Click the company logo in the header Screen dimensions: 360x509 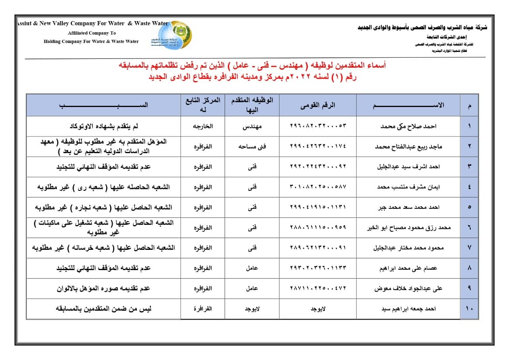point(172,35)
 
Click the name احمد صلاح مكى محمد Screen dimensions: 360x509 point(408,126)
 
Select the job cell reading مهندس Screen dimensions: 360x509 point(252,126)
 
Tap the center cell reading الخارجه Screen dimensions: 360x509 point(202,126)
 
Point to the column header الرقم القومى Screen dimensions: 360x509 point(318,105)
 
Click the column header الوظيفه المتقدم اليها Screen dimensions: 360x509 point(252,105)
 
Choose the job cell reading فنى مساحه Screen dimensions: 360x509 point(252,146)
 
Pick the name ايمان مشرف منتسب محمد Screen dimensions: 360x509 point(408,187)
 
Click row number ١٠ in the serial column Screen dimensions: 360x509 point(469,309)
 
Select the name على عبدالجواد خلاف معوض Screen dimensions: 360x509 point(408,288)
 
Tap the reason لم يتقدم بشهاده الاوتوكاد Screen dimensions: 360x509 point(103,126)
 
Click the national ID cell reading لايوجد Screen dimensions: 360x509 point(318,309)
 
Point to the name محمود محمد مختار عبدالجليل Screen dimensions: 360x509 point(408,248)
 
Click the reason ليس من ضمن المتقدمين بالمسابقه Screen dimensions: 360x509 point(103,309)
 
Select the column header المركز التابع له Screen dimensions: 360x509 point(202,105)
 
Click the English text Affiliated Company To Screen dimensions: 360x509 point(91,33)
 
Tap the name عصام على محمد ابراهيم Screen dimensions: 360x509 point(408,268)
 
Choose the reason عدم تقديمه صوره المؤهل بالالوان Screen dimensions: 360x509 point(103,288)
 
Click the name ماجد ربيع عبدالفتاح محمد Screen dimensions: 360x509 point(408,146)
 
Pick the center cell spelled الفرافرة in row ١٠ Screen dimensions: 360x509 point(202,309)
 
